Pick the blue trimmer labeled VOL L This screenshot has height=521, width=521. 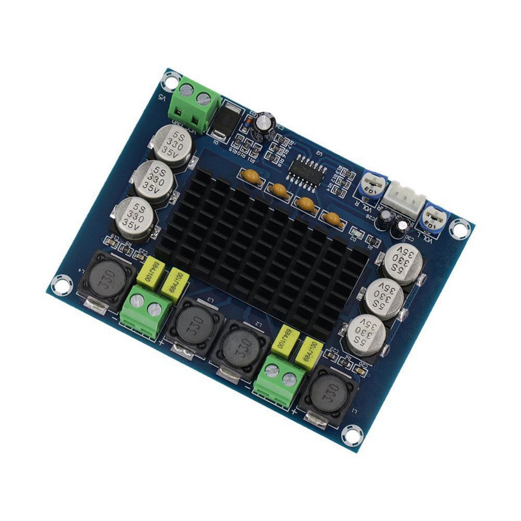click(432, 216)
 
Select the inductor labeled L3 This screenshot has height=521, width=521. click(193, 322)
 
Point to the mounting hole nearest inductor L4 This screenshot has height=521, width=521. click(61, 284)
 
